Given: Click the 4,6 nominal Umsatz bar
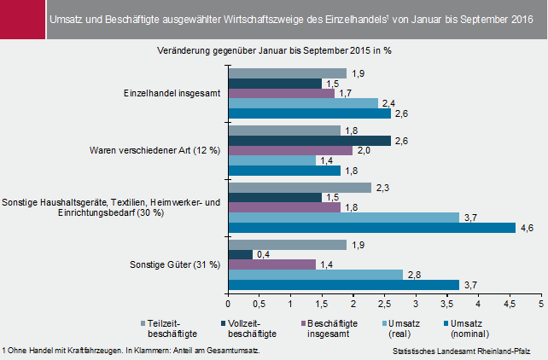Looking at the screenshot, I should (x=371, y=228).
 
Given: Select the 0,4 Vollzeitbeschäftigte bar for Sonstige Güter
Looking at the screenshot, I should (x=240, y=254).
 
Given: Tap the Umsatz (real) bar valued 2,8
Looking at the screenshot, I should (x=315, y=275).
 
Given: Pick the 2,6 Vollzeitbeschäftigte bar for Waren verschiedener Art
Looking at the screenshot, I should (x=309, y=141).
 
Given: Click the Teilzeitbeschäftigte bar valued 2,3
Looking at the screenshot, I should (x=300, y=188).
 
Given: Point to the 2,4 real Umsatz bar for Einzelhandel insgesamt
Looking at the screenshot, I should (x=303, y=103).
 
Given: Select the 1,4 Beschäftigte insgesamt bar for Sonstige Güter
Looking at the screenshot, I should (x=271, y=264).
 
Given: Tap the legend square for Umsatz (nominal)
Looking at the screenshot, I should (x=444, y=322).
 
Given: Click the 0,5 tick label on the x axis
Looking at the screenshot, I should (x=259, y=303).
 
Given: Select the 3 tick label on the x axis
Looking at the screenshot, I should (x=416, y=303).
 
